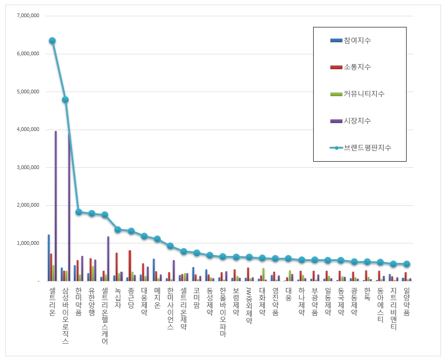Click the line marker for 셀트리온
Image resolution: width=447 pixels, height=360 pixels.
52,41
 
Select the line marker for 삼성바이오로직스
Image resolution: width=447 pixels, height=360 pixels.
65,99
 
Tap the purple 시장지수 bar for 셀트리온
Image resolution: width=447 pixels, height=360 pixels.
56,206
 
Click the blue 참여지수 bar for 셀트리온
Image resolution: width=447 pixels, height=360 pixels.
49,258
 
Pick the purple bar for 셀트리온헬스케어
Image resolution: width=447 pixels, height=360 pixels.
108,259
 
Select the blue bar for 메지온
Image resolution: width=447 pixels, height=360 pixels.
154,270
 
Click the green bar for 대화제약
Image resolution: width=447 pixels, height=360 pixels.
263,275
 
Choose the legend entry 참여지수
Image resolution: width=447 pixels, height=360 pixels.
351,40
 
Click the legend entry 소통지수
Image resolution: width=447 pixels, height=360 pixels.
351,67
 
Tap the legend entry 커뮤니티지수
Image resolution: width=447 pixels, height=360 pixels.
357,94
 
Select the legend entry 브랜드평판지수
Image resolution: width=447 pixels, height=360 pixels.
361,148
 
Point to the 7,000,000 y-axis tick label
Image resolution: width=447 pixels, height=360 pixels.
28,16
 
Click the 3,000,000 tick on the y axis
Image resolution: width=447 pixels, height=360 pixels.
28,167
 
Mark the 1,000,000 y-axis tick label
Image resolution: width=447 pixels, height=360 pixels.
28,243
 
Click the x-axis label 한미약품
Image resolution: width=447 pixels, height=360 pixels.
79,301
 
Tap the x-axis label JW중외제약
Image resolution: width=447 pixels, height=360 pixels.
249,306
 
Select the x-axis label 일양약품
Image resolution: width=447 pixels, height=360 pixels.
407,301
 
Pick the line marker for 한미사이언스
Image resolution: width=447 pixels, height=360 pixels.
170,246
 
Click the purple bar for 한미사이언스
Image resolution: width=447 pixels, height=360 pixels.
174,271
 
